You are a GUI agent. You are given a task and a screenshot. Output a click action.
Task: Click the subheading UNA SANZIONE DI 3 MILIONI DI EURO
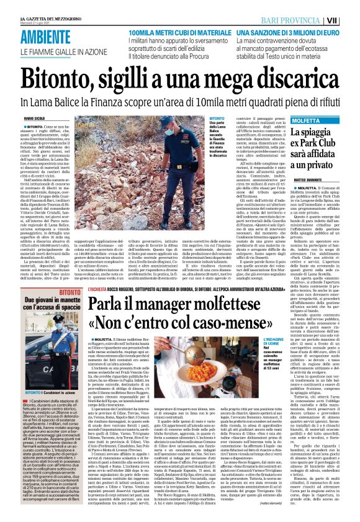click(289, 31)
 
